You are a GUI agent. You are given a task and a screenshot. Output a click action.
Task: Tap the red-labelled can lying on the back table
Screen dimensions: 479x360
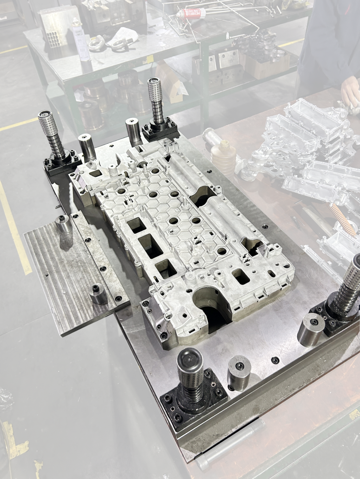[191, 13]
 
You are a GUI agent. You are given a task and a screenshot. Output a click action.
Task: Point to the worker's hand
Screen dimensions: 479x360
[350, 91]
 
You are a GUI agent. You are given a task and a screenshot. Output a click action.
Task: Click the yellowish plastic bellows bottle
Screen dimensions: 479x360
[223, 156]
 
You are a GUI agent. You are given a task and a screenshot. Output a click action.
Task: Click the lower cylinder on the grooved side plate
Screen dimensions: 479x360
[98, 294]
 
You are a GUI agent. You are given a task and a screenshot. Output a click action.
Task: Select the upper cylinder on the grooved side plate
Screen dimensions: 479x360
[64, 224]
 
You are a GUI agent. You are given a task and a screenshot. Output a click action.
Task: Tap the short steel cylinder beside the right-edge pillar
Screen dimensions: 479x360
[311, 329]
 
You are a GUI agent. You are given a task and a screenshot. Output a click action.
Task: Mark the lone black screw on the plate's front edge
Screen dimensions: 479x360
[275, 360]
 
